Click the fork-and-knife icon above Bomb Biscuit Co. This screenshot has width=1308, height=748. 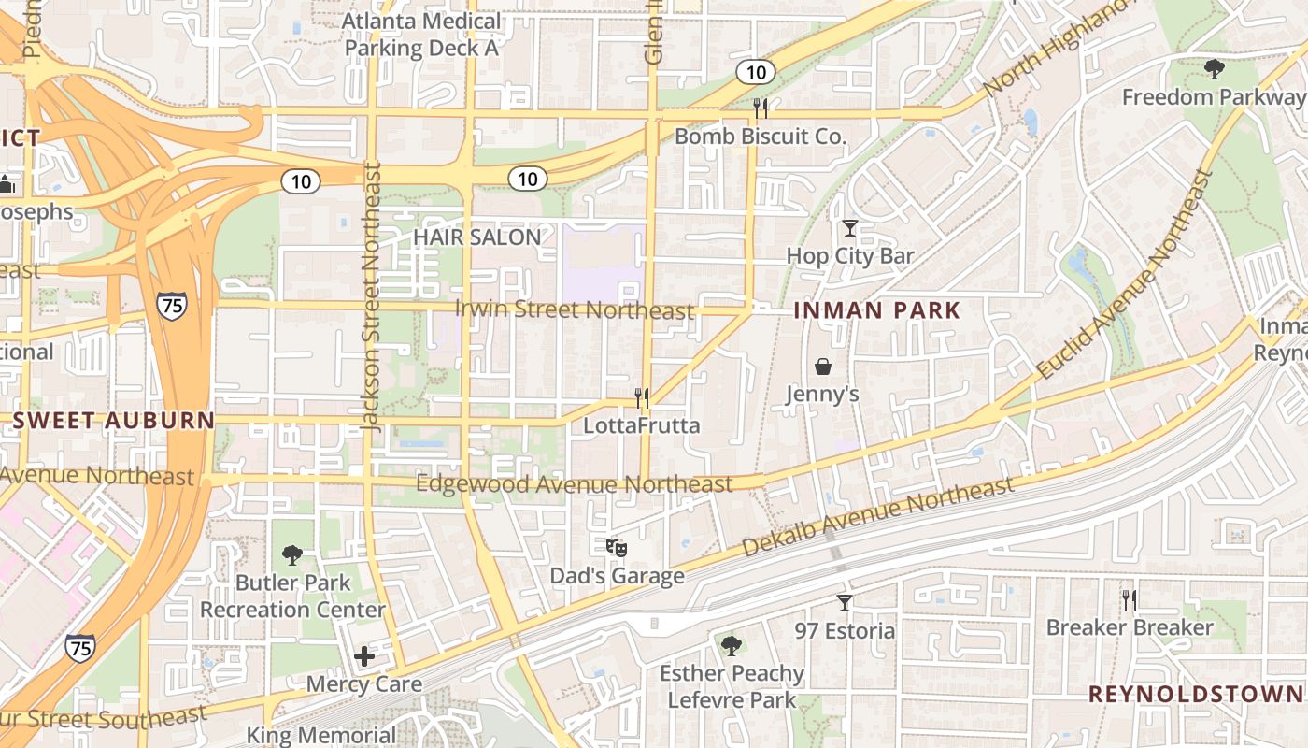click(x=761, y=108)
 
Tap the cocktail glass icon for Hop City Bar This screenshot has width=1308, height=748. click(x=849, y=227)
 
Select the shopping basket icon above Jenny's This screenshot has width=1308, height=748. click(x=823, y=366)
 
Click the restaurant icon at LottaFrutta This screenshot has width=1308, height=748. click(x=642, y=398)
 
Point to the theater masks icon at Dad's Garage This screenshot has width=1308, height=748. click(x=616, y=547)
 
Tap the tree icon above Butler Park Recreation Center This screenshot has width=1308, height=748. click(x=292, y=554)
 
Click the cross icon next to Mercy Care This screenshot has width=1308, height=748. click(x=364, y=656)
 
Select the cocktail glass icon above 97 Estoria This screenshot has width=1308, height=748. click(x=845, y=603)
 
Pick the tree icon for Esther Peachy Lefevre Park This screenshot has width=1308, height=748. click(x=732, y=645)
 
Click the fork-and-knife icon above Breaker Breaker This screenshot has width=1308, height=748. click(x=1130, y=599)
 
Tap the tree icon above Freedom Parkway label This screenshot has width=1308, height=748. click(x=1214, y=68)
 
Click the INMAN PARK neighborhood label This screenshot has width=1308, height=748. click(x=877, y=310)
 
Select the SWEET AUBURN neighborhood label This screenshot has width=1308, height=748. click(x=114, y=421)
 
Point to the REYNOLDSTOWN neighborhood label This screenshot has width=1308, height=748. click(x=1195, y=694)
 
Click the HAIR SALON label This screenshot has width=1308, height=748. click(x=476, y=237)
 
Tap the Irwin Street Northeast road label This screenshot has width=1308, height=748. click(x=574, y=309)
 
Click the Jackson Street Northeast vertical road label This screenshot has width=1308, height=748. click(x=373, y=295)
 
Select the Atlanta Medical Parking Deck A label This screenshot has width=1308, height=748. click(x=421, y=35)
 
